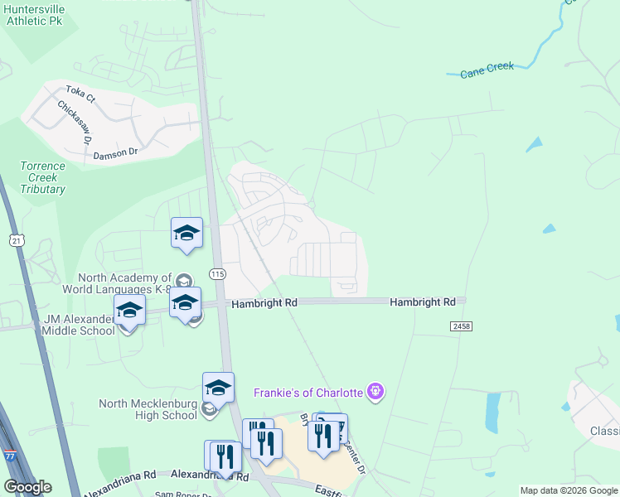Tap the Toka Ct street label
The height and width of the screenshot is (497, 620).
(81, 93)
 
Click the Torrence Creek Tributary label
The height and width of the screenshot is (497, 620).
(43, 177)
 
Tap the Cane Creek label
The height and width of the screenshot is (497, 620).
(487, 71)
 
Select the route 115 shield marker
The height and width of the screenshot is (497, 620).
(217, 274)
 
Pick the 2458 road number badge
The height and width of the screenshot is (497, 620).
(462, 327)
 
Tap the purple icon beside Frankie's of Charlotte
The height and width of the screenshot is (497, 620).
(375, 390)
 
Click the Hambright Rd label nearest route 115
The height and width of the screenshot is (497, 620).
(264, 304)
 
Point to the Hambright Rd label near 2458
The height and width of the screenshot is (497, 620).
(423, 303)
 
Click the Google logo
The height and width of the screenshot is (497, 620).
(27, 487)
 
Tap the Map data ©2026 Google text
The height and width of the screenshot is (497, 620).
(569, 490)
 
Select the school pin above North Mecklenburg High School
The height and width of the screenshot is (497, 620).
(218, 387)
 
